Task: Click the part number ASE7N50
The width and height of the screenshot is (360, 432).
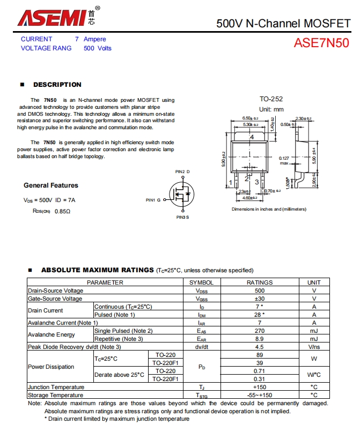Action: click(321, 43)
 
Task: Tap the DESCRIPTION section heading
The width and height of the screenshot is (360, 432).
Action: click(57, 85)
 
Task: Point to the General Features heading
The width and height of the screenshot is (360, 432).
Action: click(51, 185)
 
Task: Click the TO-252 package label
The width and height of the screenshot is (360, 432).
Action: click(271, 99)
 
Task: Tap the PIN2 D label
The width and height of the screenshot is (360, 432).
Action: click(182, 172)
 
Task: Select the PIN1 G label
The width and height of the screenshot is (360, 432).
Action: click(153, 200)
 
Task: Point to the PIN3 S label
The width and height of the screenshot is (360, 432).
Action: click(182, 217)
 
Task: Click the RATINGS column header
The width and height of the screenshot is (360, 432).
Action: click(259, 282)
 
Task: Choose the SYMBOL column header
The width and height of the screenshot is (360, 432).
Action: click(202, 282)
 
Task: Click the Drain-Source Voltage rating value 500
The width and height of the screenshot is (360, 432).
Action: click(260, 291)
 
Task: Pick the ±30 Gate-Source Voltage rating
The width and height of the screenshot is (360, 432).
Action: click(260, 299)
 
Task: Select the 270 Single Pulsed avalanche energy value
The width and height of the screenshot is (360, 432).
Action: click(260, 331)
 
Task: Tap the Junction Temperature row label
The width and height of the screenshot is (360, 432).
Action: click(56, 387)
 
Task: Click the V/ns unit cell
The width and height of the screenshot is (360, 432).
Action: click(314, 347)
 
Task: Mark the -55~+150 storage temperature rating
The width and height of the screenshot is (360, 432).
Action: click(260, 395)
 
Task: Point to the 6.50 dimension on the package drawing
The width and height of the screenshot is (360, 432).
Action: click(248, 118)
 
